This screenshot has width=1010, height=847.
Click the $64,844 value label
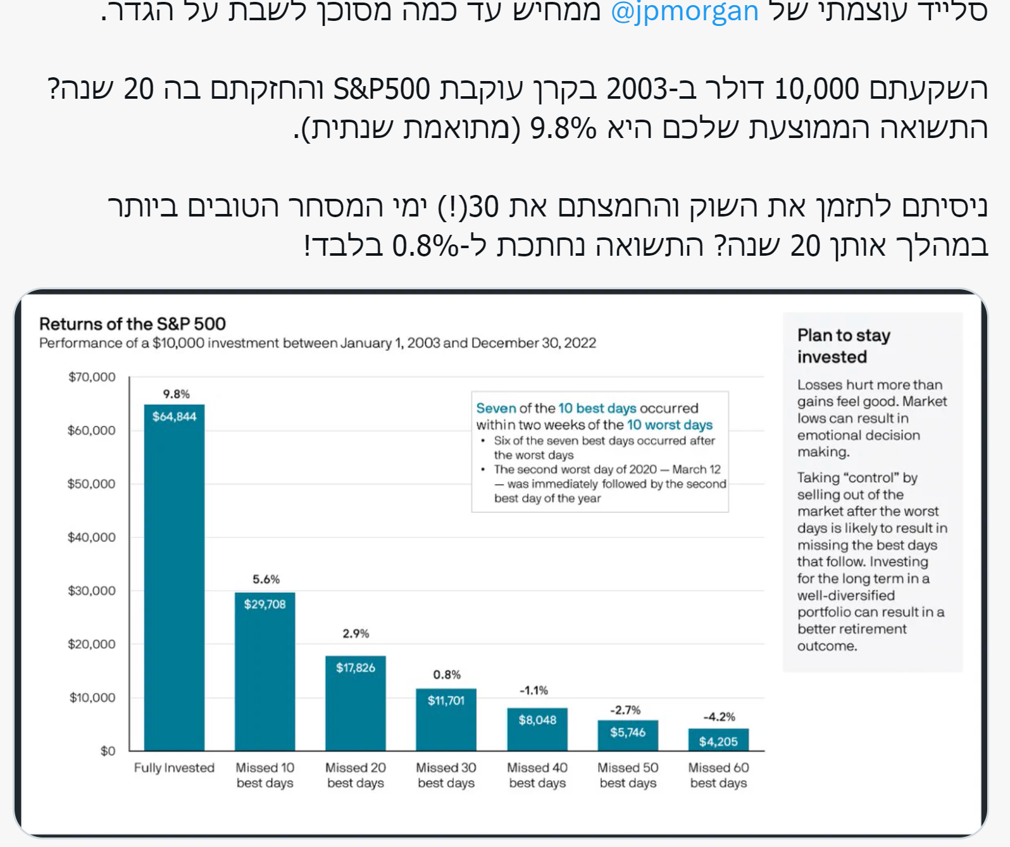pos(174,417)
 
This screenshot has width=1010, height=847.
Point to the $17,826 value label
pos(356,668)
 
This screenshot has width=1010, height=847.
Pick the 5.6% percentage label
pos(266,579)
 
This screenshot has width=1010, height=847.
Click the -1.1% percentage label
pos(533,690)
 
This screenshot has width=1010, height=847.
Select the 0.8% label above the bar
pos(447,675)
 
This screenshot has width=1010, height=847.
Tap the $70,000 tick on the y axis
pos(92,377)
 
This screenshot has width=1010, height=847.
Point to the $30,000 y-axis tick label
pos(92,591)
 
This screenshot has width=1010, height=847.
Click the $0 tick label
pos(108,751)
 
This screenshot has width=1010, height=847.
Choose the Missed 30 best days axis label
pos(446,775)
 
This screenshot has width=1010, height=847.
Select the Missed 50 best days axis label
pos(628,775)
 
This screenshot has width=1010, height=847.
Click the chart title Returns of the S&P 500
pos(132,324)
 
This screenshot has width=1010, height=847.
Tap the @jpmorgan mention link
pos(684,11)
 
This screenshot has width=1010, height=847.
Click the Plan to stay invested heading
pos(844,346)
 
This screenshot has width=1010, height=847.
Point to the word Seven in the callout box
pos(496,408)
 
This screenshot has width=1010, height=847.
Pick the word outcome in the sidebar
pos(826,646)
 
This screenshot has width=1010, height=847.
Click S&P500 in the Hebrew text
pos(382,89)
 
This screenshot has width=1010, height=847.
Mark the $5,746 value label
pos(628,732)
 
